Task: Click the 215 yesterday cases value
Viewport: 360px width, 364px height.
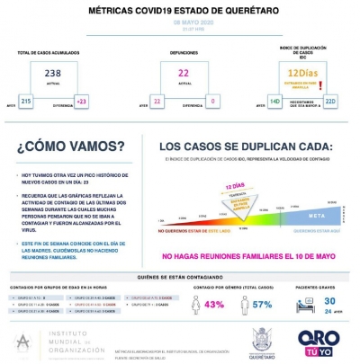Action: (25, 102)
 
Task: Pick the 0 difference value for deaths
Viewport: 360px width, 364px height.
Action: (213, 102)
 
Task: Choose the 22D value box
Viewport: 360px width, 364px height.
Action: (329, 102)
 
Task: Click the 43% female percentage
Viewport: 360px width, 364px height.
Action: (214, 305)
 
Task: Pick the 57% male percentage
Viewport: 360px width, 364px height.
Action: (262, 305)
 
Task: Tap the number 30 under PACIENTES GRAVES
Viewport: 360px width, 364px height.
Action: (329, 300)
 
